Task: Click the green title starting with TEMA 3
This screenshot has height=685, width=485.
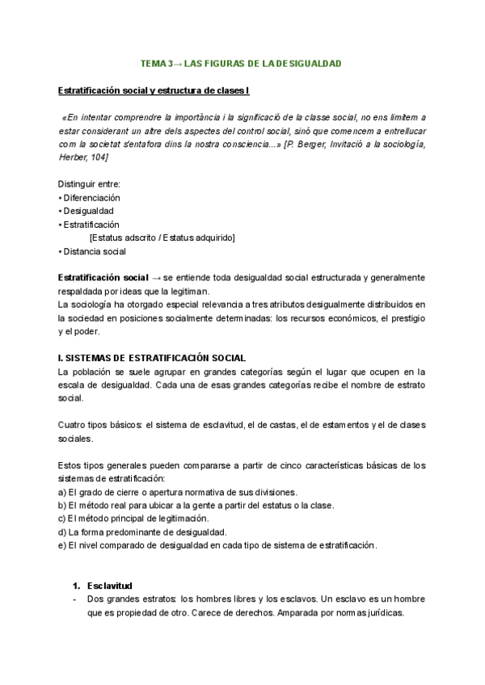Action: [x=242, y=63]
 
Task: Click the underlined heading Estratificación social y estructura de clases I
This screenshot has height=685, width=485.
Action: [x=154, y=90]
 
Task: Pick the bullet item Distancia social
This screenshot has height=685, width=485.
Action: [x=93, y=251]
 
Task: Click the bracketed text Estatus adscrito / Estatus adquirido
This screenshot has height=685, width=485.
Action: [x=162, y=237]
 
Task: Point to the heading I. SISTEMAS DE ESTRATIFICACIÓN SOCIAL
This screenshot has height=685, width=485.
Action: [x=152, y=358]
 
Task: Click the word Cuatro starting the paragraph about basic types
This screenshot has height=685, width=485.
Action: [x=73, y=426]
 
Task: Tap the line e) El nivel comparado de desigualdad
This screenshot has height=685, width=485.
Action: [x=217, y=545]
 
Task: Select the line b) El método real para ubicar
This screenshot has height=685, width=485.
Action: [x=196, y=506]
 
